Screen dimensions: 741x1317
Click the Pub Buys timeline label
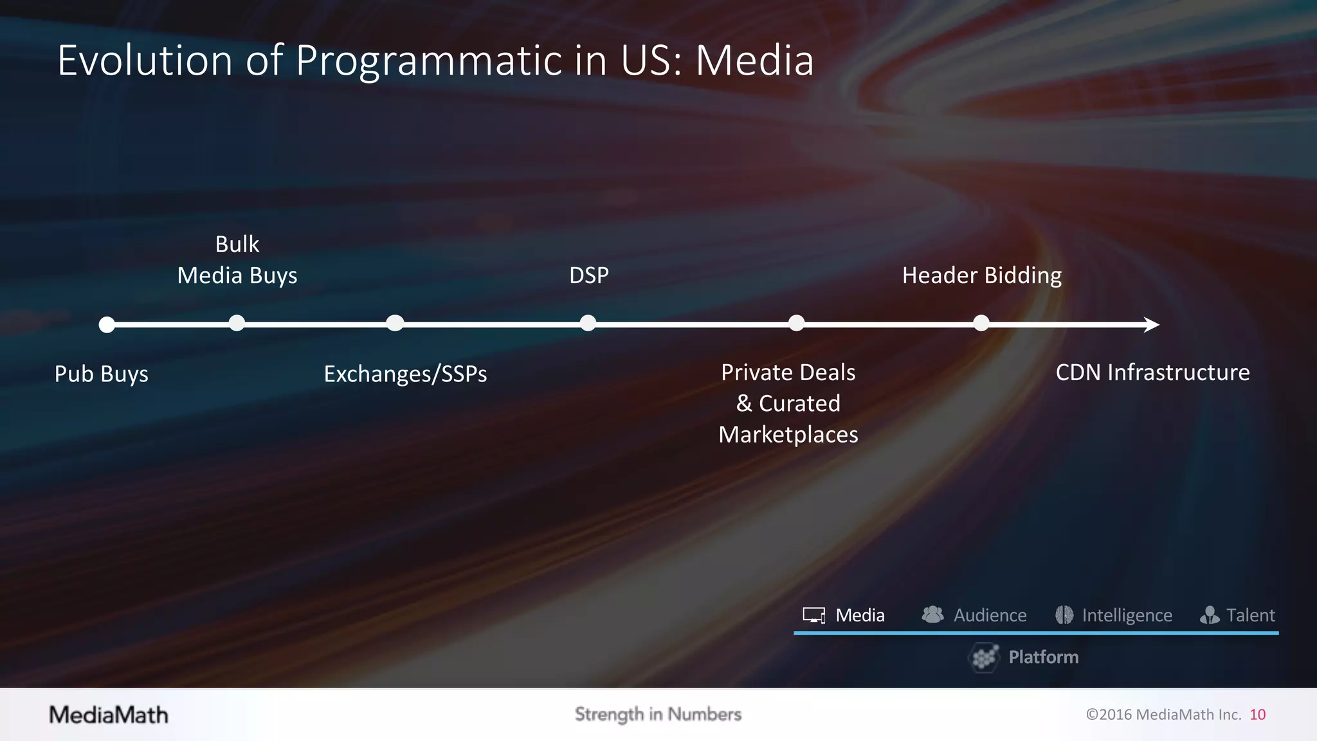tap(101, 374)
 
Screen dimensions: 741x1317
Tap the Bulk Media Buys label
tap(237, 260)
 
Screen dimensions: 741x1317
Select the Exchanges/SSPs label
tap(405, 374)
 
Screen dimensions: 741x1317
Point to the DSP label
tap(588, 275)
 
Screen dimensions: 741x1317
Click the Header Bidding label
tap(981, 275)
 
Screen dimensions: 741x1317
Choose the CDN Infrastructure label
tap(1152, 372)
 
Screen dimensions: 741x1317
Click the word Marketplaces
tap(788, 435)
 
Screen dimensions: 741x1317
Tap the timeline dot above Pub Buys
tap(107, 325)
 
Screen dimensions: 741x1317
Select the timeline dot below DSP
tap(588, 323)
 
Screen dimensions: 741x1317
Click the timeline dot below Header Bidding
tap(981, 323)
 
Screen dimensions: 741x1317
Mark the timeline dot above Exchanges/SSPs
tap(395, 323)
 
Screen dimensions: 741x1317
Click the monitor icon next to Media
tap(814, 616)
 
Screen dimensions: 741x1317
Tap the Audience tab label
tap(990, 616)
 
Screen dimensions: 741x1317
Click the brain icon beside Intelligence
tap(1064, 616)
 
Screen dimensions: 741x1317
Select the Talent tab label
tap(1250, 616)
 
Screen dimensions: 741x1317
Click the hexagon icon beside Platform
tap(984, 657)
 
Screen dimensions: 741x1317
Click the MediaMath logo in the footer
tap(109, 715)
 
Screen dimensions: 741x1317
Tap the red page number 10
tap(1257, 715)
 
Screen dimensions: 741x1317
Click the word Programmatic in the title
tap(428, 61)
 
